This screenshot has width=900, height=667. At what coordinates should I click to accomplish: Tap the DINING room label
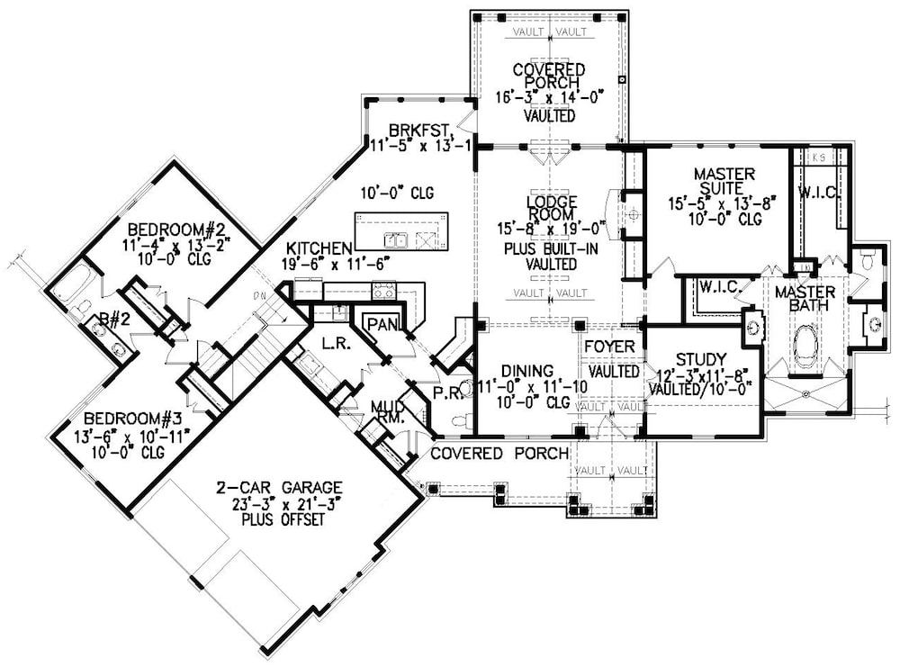click(523, 370)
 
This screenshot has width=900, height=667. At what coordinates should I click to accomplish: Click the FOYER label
click(612, 347)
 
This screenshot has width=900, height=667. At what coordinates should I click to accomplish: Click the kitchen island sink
click(395, 240)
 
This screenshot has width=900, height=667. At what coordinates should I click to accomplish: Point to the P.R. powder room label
click(448, 393)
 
